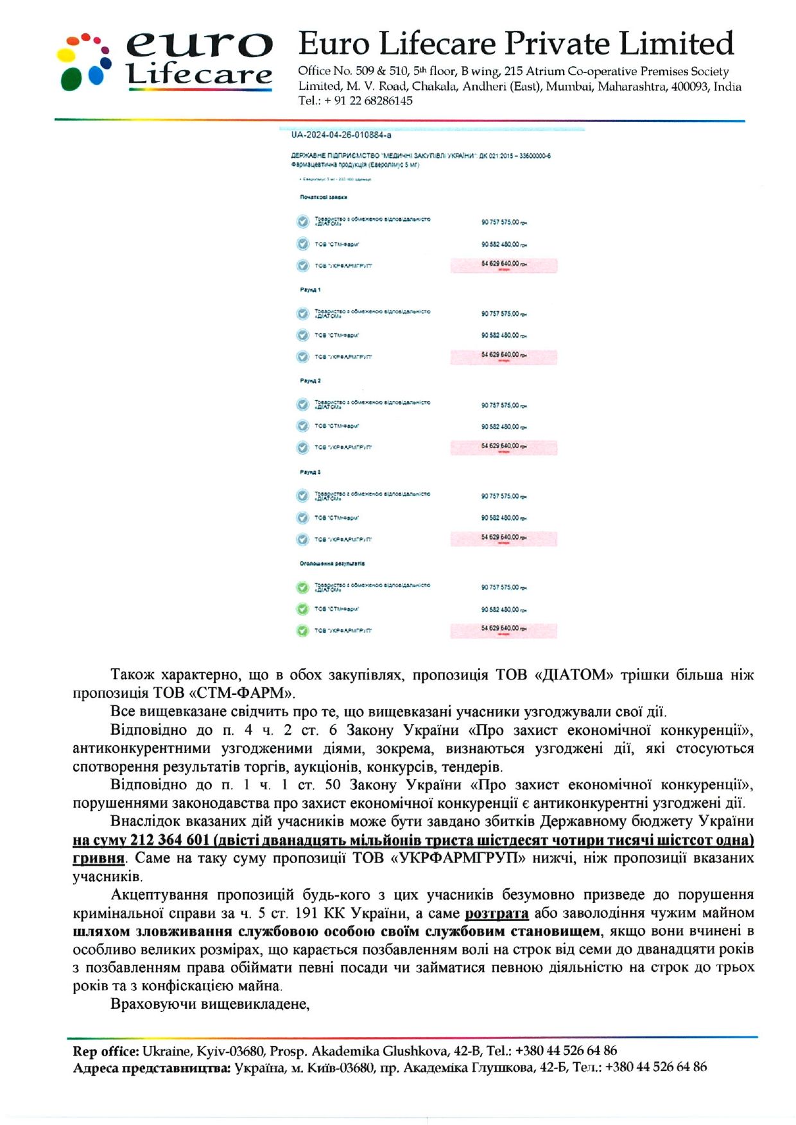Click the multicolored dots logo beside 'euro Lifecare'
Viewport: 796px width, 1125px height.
[x=84, y=62]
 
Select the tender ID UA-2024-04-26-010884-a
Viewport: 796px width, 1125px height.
[x=341, y=135]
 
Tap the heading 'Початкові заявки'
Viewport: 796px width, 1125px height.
[x=324, y=197]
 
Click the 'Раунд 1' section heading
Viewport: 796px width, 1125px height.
[x=310, y=289]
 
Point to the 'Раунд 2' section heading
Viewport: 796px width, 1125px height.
[x=310, y=381]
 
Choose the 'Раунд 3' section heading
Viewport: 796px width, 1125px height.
[x=310, y=472]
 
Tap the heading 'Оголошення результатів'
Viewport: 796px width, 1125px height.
[x=332, y=563]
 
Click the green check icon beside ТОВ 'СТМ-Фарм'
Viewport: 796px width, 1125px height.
[x=302, y=609]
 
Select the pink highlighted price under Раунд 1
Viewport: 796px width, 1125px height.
[x=503, y=356]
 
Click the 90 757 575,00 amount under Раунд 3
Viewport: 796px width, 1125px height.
[x=503, y=496]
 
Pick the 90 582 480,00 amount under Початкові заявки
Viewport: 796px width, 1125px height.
[x=503, y=245]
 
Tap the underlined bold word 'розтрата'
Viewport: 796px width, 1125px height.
[x=496, y=913]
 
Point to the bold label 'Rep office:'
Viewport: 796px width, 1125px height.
[x=105, y=1051]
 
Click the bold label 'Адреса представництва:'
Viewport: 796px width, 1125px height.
[x=151, y=1068]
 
